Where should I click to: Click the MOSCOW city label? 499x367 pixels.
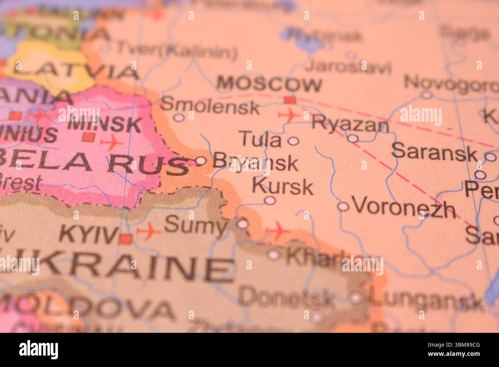click(269, 84)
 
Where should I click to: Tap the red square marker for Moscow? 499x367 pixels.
click(290, 100)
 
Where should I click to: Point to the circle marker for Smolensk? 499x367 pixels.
click(178, 117)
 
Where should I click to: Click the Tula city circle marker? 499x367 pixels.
click(293, 141)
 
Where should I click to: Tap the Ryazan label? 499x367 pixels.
click(350, 124)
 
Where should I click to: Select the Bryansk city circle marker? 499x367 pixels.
click(201, 161)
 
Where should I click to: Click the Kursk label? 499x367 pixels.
click(283, 187)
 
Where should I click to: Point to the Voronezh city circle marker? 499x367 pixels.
click(343, 207)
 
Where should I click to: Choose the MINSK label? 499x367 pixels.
click(105, 125)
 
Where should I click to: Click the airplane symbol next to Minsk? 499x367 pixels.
click(112, 143)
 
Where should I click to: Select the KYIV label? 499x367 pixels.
click(88, 234)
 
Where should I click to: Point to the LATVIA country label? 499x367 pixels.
click(75, 71)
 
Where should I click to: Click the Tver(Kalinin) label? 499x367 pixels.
click(177, 50)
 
